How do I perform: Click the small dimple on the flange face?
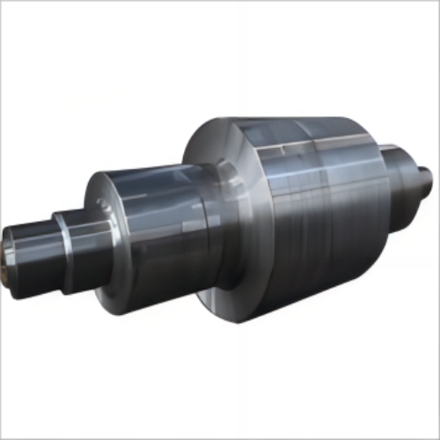click(x=103, y=206)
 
